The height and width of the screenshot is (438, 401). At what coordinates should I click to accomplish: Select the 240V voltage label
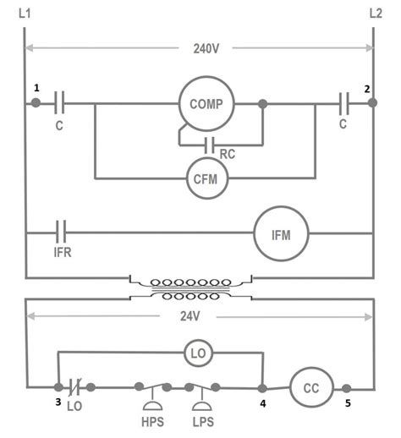pyautogui.click(x=200, y=48)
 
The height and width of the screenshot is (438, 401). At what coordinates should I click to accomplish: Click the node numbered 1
pyautogui.click(x=36, y=103)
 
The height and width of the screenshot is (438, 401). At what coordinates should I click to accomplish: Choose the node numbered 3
pyautogui.click(x=58, y=387)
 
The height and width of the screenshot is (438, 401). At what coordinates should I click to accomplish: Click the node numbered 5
pyautogui.click(x=347, y=387)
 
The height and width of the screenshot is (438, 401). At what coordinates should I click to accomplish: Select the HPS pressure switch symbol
pyautogui.click(x=154, y=391)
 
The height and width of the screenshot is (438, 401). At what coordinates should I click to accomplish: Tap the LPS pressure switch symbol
pyautogui.click(x=203, y=391)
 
